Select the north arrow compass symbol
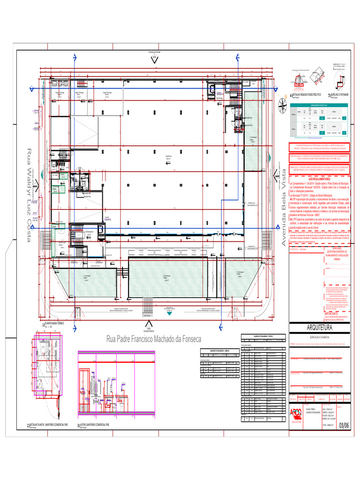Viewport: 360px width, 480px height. point(282,106)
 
